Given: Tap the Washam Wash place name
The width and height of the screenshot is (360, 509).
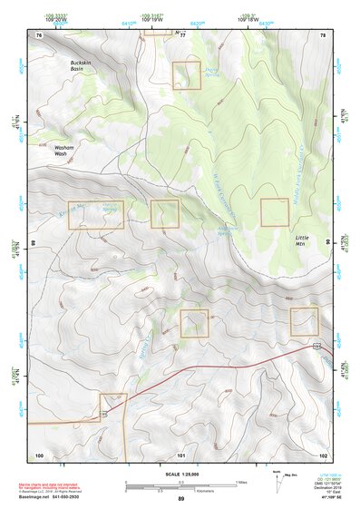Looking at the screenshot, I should pos(64,150).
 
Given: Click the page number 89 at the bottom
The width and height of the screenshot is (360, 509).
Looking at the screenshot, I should pos(180,499).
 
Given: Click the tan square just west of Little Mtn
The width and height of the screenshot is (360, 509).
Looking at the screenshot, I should pos(275,211).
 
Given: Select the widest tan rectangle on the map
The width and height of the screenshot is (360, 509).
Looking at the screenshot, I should pos(95,214).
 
